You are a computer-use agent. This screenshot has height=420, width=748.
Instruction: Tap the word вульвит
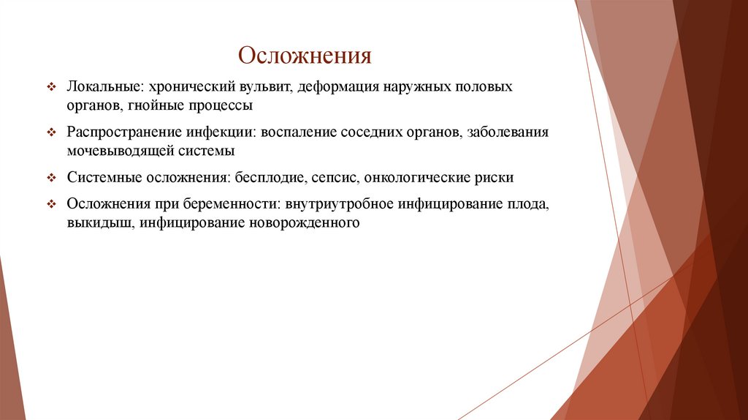tap(267, 87)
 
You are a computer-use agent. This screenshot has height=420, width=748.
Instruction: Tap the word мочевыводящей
tap(119, 151)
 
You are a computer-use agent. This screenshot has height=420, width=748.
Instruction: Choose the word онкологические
tap(415, 178)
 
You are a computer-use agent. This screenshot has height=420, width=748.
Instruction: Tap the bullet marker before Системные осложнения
tap(51, 179)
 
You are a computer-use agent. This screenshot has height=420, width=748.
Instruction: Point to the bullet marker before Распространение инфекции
tap(51, 133)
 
